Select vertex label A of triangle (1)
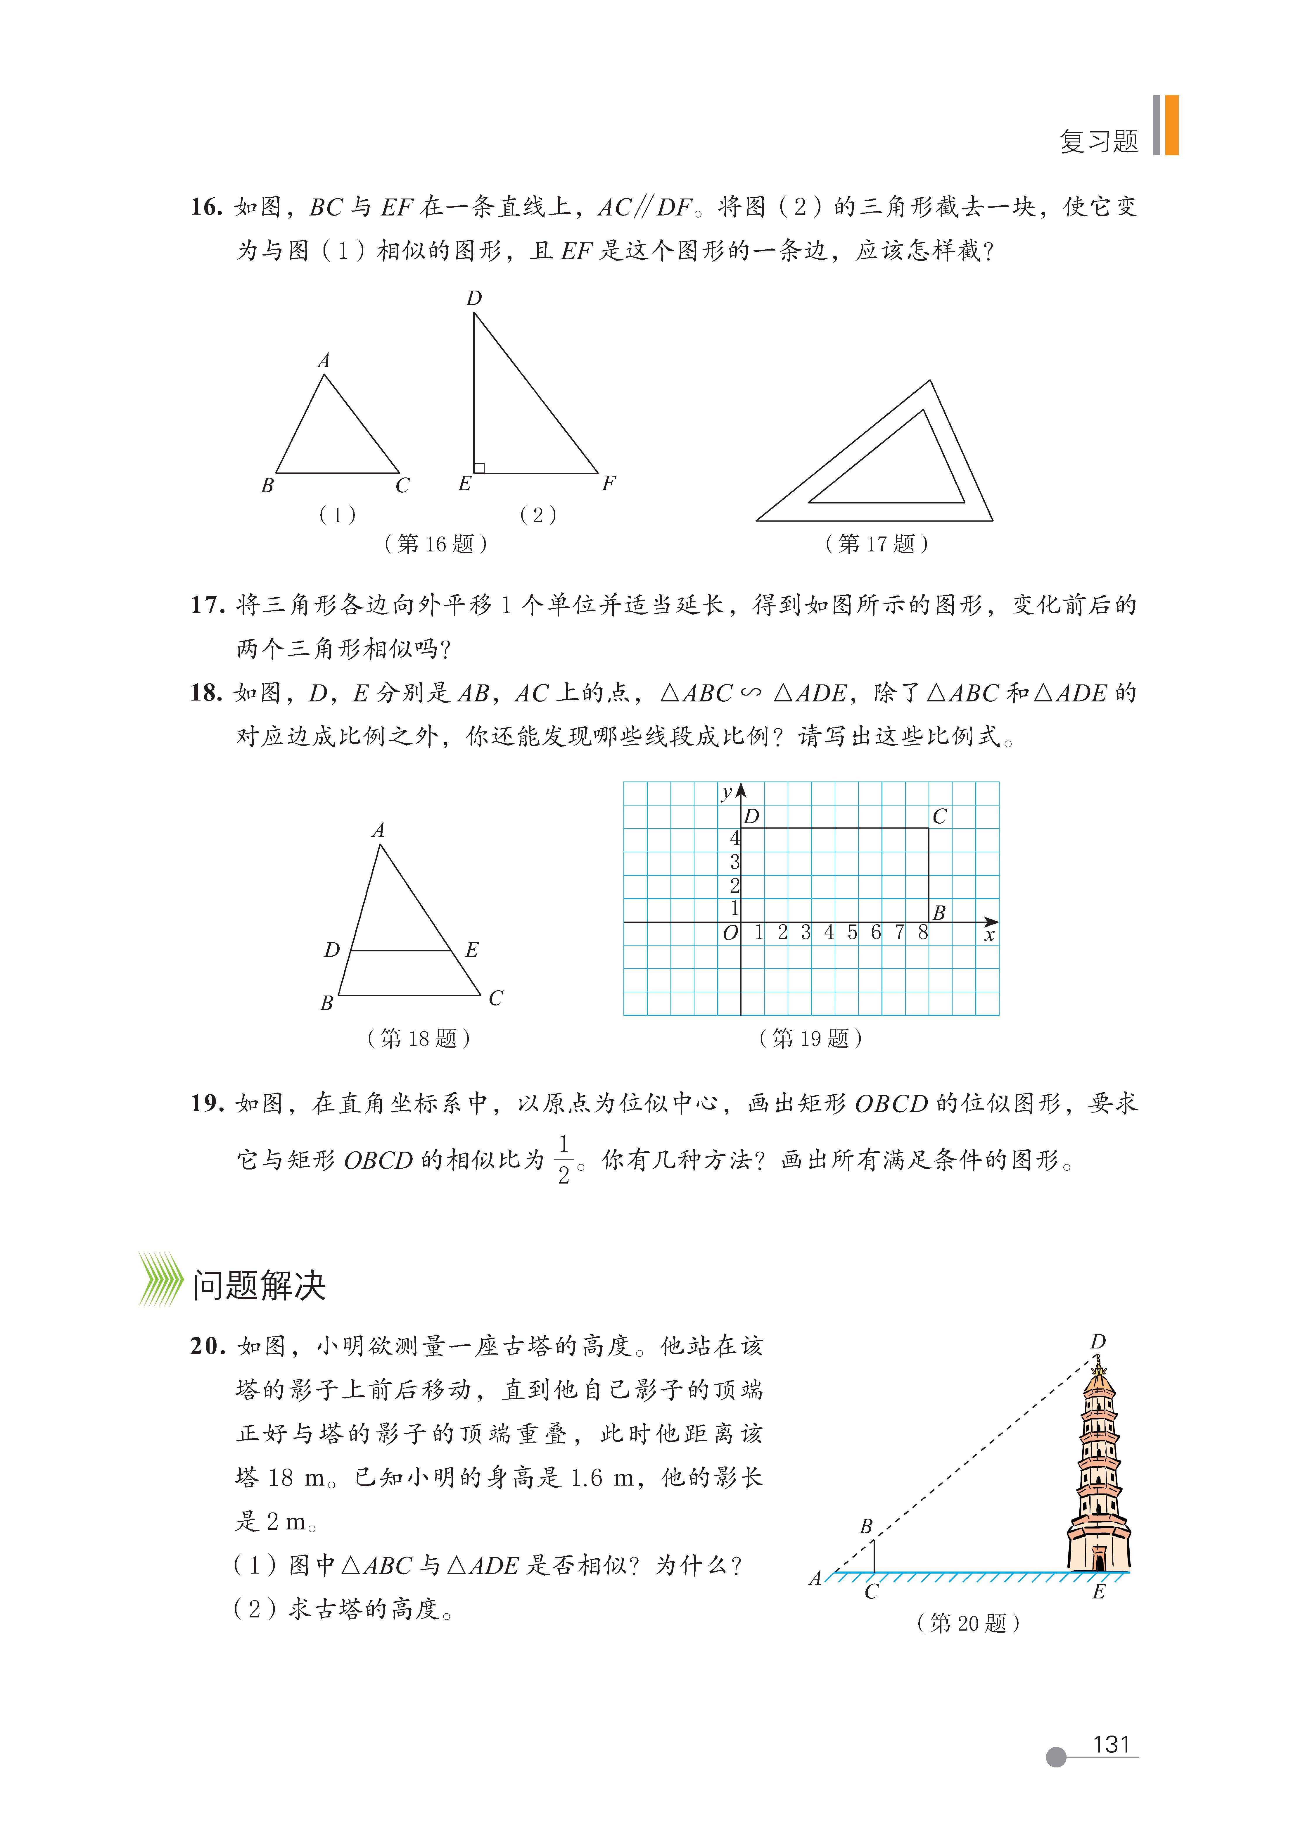pos(323,361)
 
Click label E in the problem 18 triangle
pos(472,950)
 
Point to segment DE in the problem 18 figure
pos(400,951)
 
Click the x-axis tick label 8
pos(923,932)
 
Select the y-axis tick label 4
pos(734,839)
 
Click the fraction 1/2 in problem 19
pos(564,1159)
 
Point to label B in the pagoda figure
pos(865,1526)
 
